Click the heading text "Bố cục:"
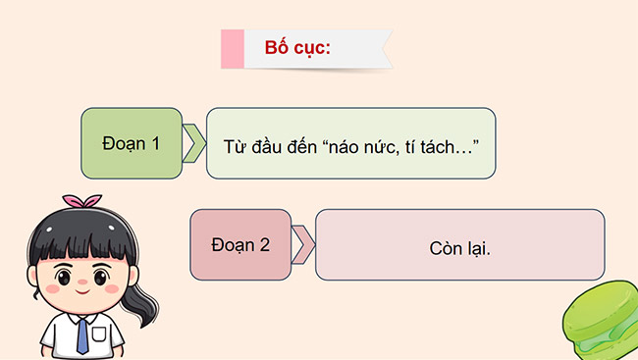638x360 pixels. point(297,48)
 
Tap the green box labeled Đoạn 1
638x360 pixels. point(132,143)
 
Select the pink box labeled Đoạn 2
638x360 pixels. point(239,245)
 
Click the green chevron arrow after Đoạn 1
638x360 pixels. point(195,143)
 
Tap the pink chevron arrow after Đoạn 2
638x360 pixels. point(303,245)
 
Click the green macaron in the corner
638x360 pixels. point(601,323)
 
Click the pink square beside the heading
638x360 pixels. point(233,49)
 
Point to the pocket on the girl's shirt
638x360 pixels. point(105,340)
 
